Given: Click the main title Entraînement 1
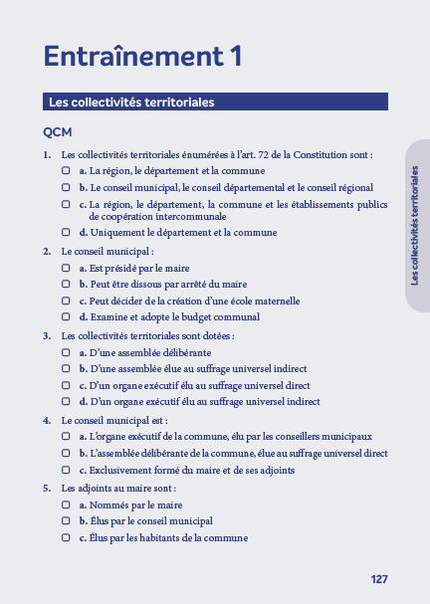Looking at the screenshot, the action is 143,56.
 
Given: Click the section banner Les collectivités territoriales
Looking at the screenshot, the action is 132,101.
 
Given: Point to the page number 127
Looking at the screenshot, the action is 378,579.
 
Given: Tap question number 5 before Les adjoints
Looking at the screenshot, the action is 47,489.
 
